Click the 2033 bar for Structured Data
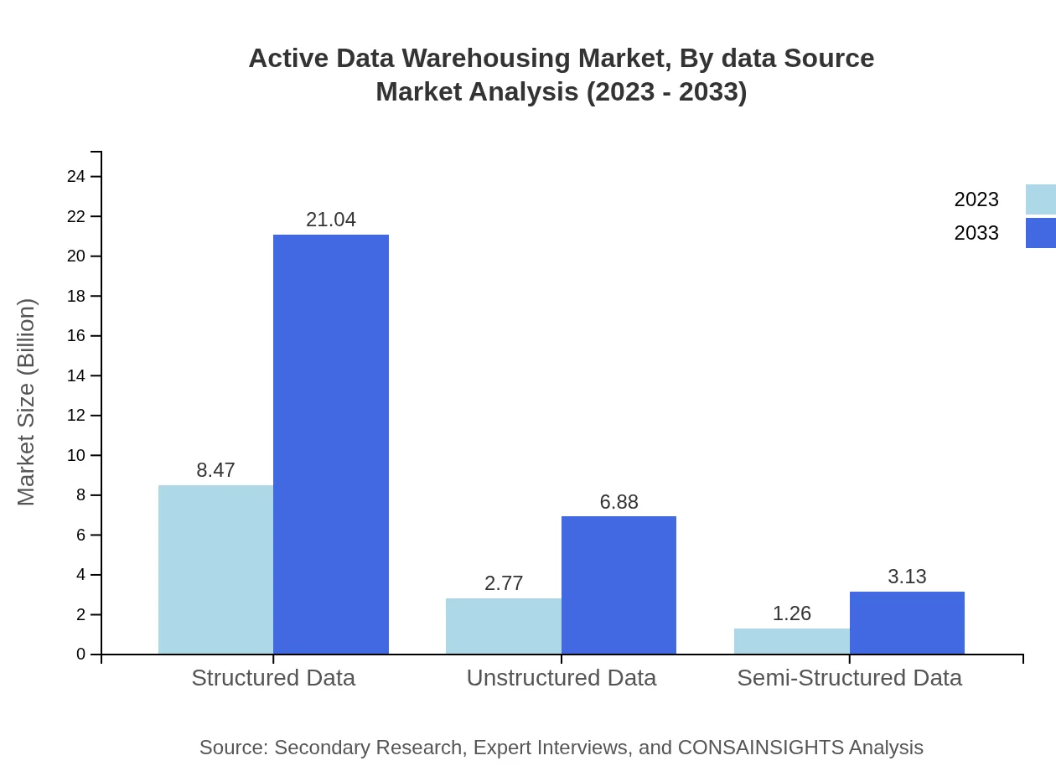click(331, 444)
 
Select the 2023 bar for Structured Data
click(215, 570)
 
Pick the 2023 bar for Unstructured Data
click(504, 626)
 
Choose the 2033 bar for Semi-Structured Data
click(907, 623)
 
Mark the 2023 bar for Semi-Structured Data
click(792, 641)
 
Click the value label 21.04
click(331, 220)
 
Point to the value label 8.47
click(215, 470)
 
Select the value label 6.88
click(619, 502)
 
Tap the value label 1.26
click(792, 613)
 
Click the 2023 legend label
click(976, 199)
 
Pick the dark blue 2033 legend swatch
click(1041, 233)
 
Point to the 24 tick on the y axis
click(76, 176)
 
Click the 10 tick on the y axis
click(76, 455)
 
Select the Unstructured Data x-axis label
click(562, 678)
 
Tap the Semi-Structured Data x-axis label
click(849, 678)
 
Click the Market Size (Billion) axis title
click(27, 402)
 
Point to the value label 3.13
click(907, 577)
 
